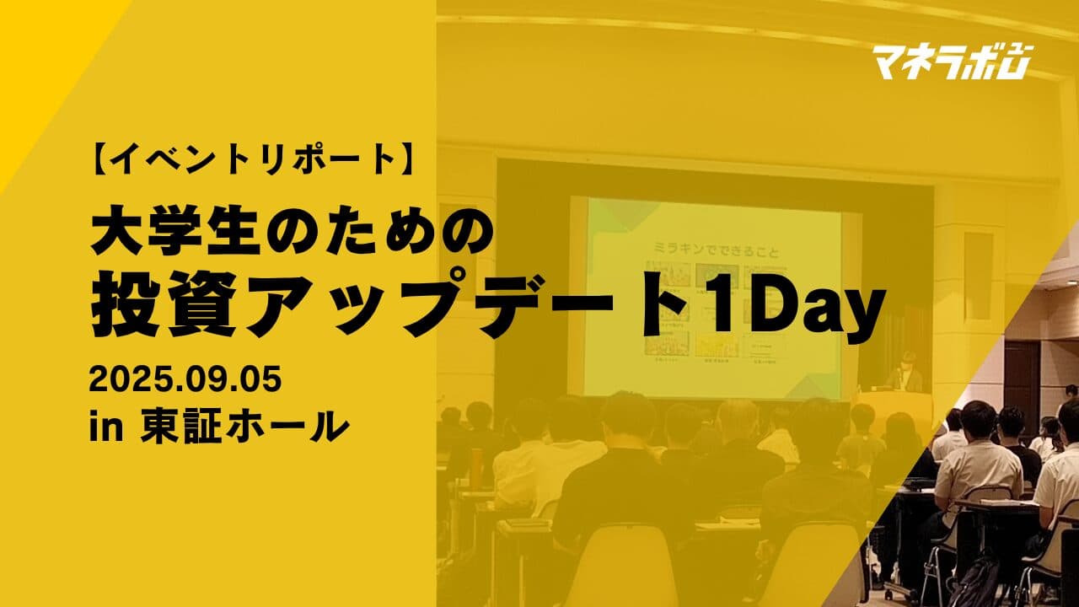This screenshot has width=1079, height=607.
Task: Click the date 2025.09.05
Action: click(x=185, y=380)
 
